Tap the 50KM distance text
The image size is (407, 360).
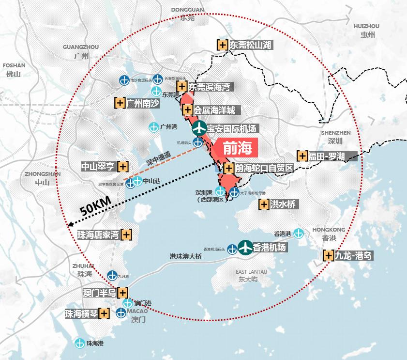[x=96, y=206]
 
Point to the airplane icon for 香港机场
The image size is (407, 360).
[x=245, y=247]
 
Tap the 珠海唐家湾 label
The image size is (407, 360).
[x=98, y=235]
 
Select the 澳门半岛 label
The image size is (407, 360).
[x=100, y=293]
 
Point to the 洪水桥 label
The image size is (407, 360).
[x=283, y=204]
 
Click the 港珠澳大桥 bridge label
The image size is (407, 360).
[x=185, y=256]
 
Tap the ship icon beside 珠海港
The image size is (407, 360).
[x=80, y=343]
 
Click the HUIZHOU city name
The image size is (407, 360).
[x=366, y=26]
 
